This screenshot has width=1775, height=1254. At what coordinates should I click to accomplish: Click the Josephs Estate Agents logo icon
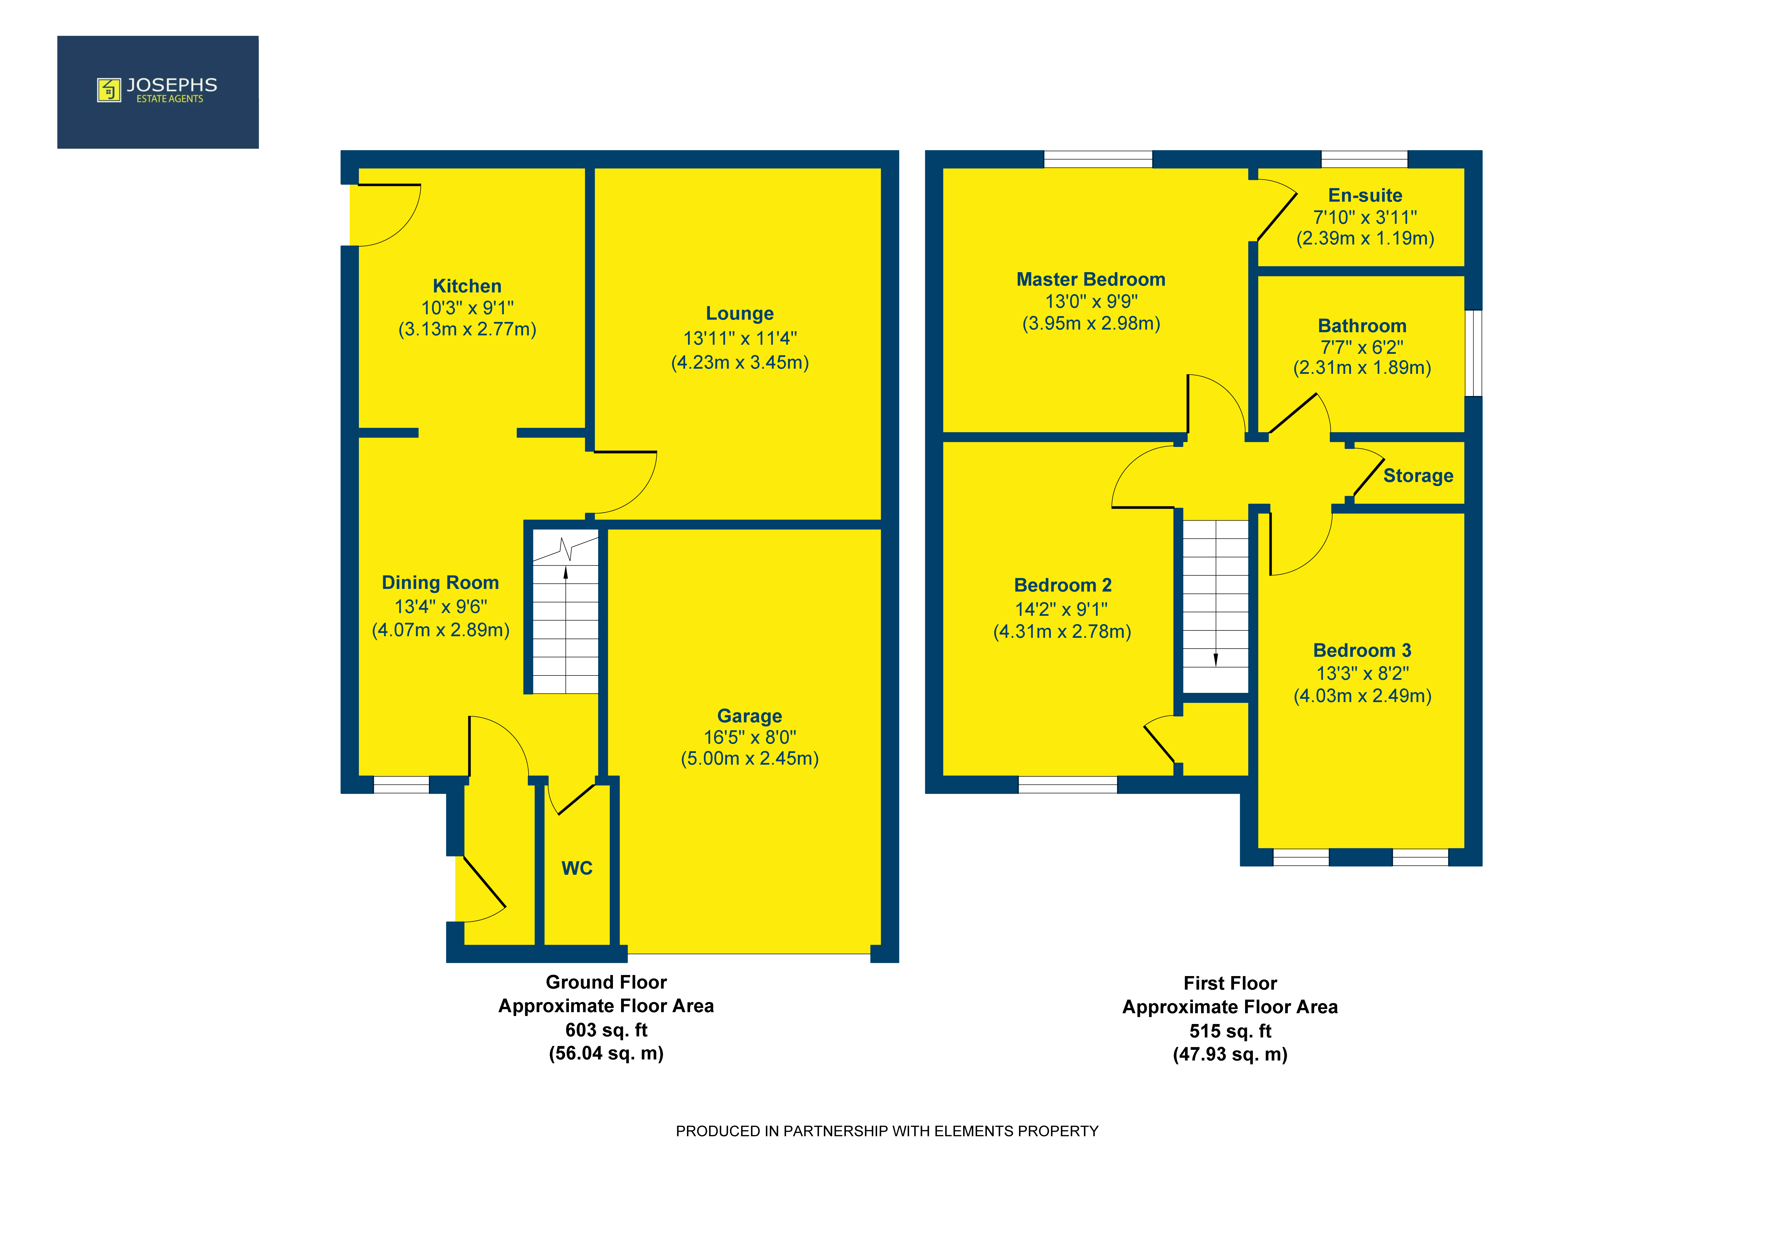109,90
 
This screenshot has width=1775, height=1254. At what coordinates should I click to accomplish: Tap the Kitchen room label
467,286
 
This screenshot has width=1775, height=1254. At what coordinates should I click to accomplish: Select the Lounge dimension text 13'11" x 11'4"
740,339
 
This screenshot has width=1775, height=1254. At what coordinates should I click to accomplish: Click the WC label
577,868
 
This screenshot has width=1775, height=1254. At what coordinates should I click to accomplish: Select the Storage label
1418,476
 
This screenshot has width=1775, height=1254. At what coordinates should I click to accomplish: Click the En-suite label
1365,195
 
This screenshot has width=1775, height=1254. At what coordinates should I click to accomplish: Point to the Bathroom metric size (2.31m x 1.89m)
1362,368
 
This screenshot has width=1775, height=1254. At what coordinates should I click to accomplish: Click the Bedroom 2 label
1063,585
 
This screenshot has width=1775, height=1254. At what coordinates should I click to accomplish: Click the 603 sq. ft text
606,1030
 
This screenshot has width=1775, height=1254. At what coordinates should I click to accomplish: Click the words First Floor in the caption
1230,983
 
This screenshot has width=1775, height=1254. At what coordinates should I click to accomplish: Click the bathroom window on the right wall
1474,353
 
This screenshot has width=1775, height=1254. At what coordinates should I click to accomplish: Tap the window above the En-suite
1364,159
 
